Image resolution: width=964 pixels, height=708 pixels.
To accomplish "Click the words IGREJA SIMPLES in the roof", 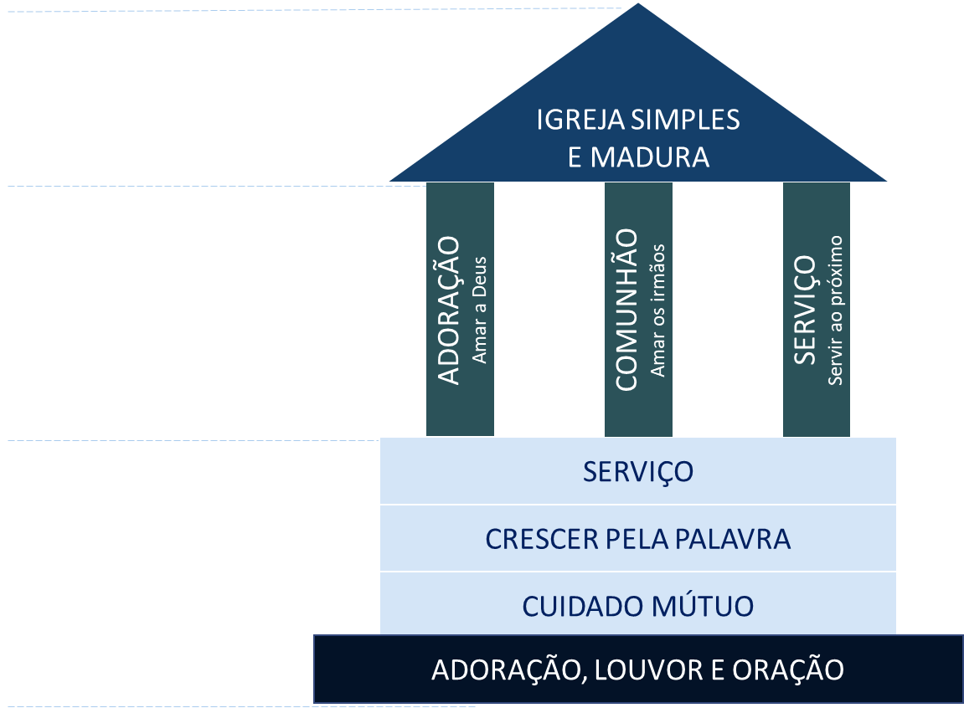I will click(x=638, y=120).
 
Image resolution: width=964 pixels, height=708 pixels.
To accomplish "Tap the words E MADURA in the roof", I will click(x=638, y=156).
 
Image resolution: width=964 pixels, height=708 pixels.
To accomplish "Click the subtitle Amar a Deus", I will click(x=480, y=310).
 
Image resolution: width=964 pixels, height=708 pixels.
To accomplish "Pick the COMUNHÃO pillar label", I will click(x=627, y=310).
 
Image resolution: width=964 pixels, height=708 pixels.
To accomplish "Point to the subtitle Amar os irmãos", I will click(x=658, y=310).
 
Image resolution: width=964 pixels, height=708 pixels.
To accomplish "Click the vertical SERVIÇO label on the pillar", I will click(x=805, y=310).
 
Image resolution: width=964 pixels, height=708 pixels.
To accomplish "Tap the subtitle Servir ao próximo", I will click(x=835, y=310).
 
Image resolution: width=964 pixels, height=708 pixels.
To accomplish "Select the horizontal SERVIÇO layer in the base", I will click(x=638, y=471).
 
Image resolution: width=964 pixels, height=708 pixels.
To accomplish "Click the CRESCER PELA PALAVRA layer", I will click(x=638, y=539).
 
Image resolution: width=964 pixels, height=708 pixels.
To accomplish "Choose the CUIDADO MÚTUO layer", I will click(x=638, y=606).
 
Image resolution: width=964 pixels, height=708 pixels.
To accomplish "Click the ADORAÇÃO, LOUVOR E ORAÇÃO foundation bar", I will click(x=638, y=670).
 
